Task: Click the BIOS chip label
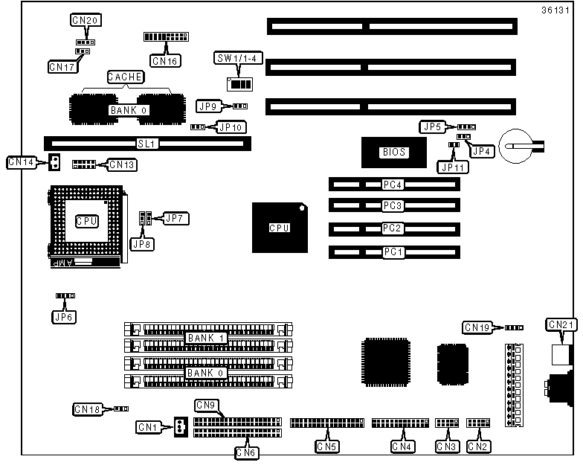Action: pyautogui.click(x=394, y=152)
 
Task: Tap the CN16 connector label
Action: pyautogui.click(x=164, y=60)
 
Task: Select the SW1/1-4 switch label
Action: pyautogui.click(x=233, y=58)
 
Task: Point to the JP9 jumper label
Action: pyautogui.click(x=207, y=106)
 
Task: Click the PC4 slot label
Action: pyautogui.click(x=393, y=185)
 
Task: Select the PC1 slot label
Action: pyautogui.click(x=393, y=252)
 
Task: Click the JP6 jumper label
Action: pyautogui.click(x=65, y=316)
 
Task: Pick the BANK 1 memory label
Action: pyautogui.click(x=206, y=338)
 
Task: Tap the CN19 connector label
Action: pyautogui.click(x=477, y=327)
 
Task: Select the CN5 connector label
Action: pyautogui.click(x=326, y=446)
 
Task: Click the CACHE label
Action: pyautogui.click(x=125, y=76)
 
